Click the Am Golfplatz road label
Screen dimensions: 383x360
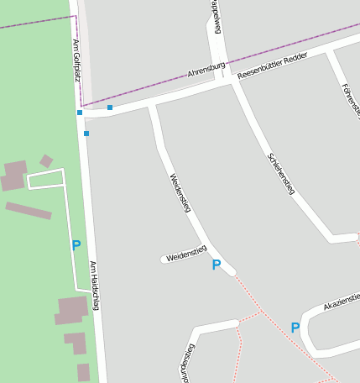point(76,55)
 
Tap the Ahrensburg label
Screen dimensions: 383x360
point(206,69)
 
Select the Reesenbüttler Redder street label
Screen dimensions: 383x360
point(272,66)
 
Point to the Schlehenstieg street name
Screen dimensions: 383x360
point(281,174)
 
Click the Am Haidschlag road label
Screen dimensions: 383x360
point(94,286)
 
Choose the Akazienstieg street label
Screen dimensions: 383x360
point(342,300)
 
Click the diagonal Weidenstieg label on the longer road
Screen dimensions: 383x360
point(180,193)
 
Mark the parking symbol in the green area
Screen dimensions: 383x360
point(76,245)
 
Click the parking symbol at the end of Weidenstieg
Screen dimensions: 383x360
point(217,265)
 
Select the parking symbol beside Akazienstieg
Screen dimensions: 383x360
point(295,328)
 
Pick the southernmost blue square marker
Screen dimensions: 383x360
point(86,134)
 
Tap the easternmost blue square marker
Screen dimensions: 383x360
point(110,108)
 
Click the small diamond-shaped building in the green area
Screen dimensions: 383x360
point(46,160)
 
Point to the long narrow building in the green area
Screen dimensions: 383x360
point(29,210)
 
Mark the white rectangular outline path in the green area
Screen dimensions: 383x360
point(46,179)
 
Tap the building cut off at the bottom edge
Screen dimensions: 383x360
point(83,372)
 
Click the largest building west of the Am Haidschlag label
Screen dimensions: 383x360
point(71,309)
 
